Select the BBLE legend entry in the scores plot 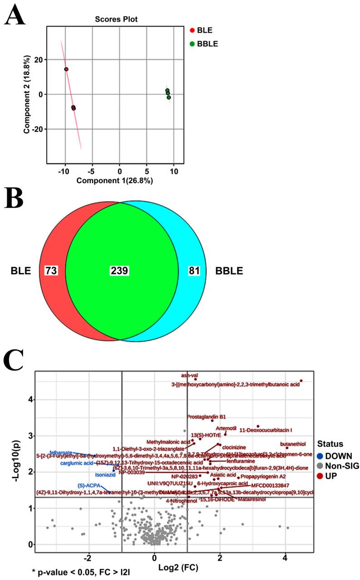pyautogui.click(x=206, y=44)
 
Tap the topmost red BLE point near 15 pyautogui.click(x=66, y=69)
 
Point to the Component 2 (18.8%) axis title pyautogui.click(x=28, y=94)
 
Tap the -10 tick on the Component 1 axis pyautogui.click(x=64, y=172)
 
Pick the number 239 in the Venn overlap pyautogui.click(x=120, y=271)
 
